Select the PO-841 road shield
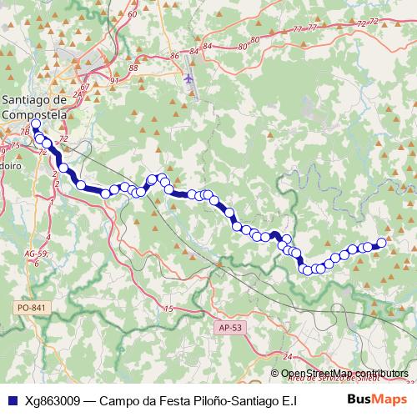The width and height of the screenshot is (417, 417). coord(32,308)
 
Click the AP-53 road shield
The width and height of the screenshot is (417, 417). coord(229,329)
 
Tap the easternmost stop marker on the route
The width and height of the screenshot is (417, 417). coord(382,243)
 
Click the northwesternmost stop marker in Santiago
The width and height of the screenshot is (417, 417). coord(35,123)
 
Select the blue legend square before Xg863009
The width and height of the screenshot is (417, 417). coord(11,400)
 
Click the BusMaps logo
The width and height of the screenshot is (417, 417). coord(378,399)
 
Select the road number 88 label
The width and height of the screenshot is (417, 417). coord(134,68)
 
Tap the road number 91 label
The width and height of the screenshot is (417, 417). coord(113,81)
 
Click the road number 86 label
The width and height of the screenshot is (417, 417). coord(174,56)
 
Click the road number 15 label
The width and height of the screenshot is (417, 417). coord(168,309)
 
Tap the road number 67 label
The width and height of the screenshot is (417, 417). coord(85,87)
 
